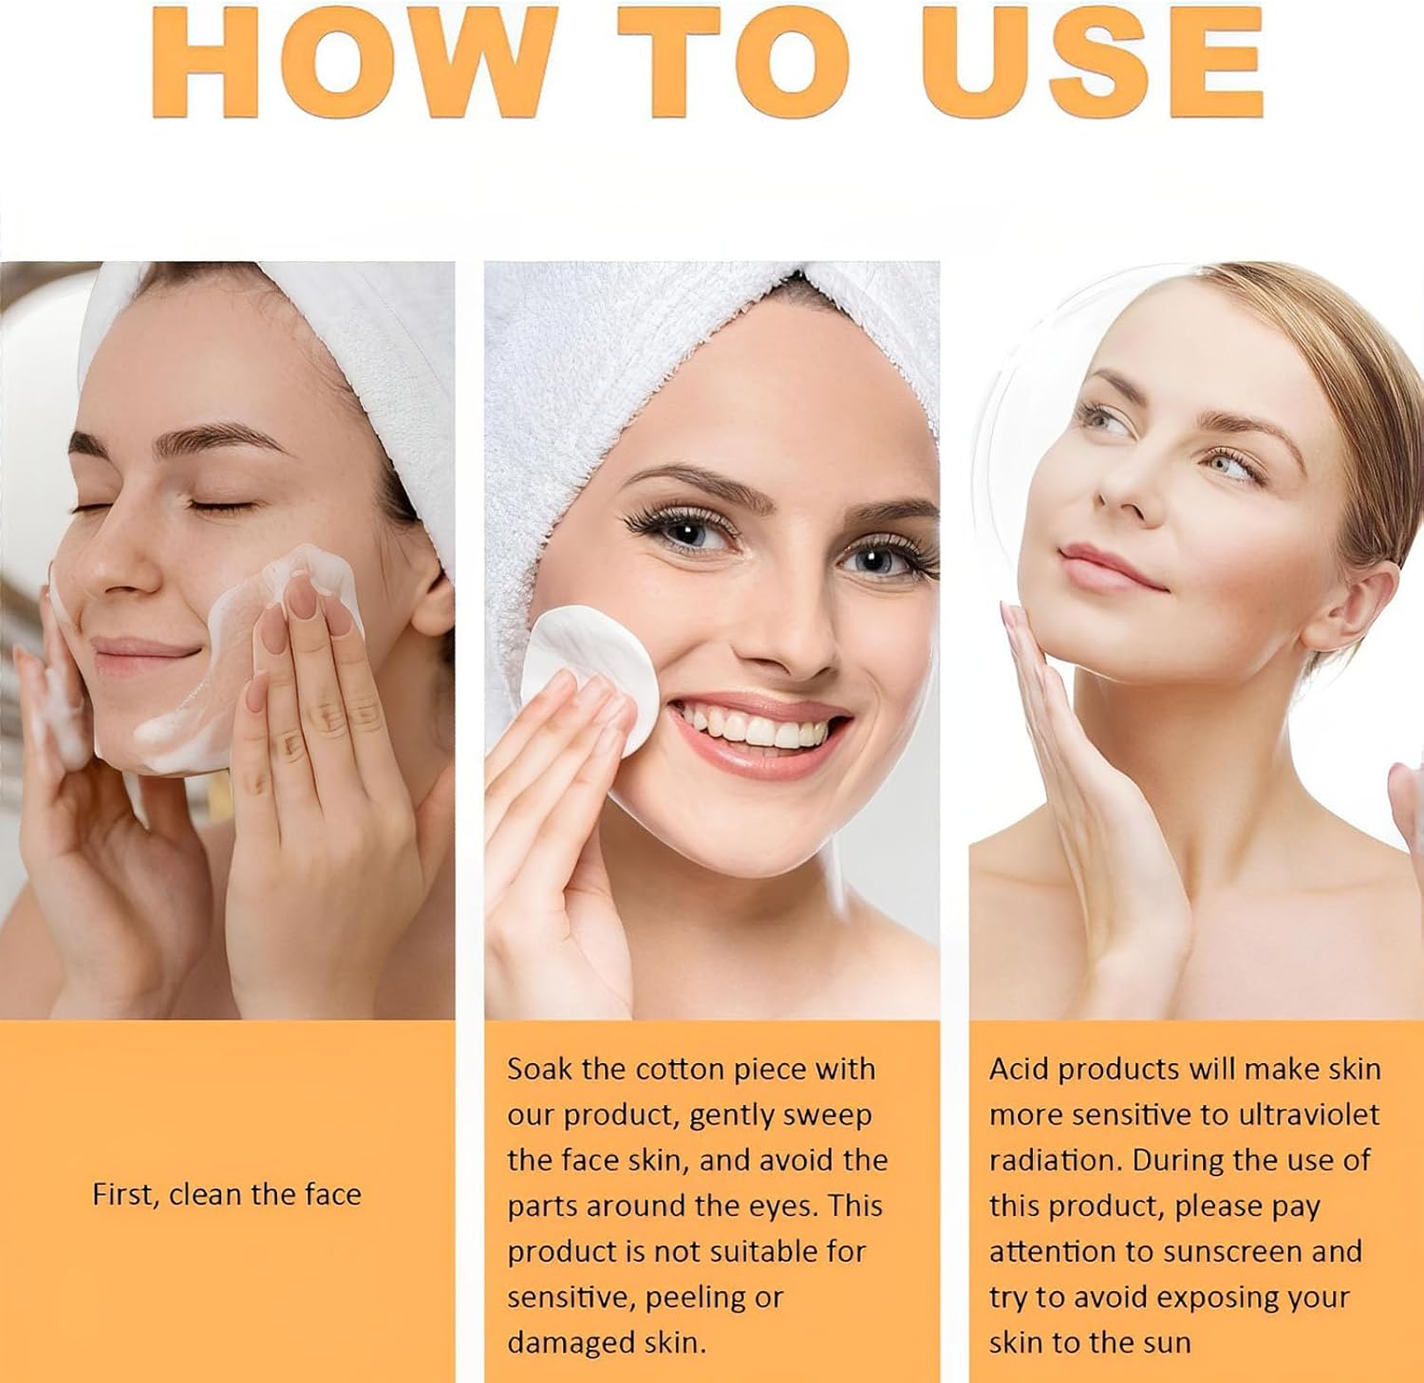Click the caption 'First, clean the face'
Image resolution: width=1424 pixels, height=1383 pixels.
click(227, 1194)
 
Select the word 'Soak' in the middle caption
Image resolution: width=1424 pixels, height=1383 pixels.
click(539, 1069)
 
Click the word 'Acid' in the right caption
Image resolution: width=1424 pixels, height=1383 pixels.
click(1019, 1069)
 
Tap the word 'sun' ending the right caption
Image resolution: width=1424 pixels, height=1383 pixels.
click(1166, 1343)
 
